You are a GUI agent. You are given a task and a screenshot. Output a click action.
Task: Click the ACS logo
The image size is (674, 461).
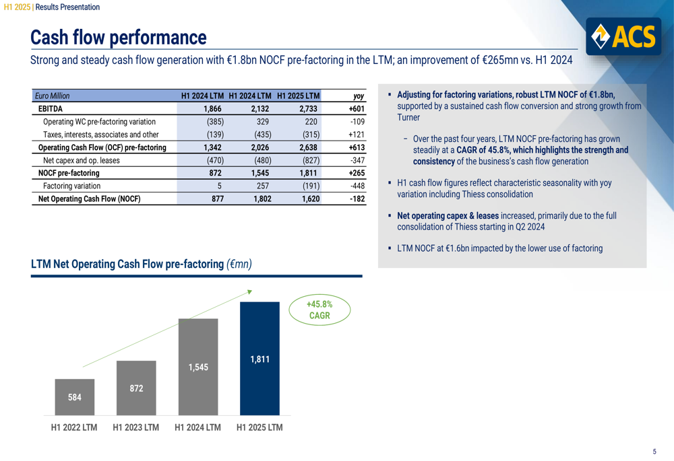pyautogui.click(x=622, y=36)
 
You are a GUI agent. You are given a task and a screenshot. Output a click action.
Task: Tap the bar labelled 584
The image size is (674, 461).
pyautogui.click(x=75, y=397)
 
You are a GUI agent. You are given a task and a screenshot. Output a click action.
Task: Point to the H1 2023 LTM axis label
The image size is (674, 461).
pyautogui.click(x=136, y=428)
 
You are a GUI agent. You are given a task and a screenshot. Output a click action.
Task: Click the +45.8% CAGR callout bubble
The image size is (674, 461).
pyautogui.click(x=319, y=310)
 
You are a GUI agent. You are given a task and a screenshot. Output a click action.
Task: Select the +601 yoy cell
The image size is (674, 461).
pyautogui.click(x=357, y=108)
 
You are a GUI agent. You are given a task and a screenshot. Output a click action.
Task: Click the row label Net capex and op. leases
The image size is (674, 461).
pyautogui.click(x=82, y=160)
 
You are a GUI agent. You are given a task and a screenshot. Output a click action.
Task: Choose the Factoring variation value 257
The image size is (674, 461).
pyautogui.click(x=262, y=186)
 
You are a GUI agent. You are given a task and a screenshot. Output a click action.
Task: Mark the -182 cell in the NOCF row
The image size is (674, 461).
pyautogui.click(x=357, y=199)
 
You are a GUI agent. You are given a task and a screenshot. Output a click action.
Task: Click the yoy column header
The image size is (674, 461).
pyautogui.click(x=359, y=96)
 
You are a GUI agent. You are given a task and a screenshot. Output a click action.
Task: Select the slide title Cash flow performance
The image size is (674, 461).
pyautogui.click(x=119, y=36)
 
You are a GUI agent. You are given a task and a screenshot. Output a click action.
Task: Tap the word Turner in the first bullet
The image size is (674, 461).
pyautogui.click(x=408, y=118)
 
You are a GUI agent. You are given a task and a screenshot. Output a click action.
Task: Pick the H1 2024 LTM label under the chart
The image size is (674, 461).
pyautogui.click(x=198, y=428)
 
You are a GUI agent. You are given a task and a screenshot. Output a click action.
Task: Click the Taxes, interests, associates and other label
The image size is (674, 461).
pyautogui.click(x=100, y=135)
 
